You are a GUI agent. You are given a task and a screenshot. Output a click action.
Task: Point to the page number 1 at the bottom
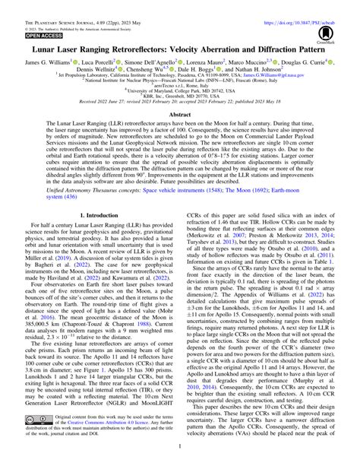180,460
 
